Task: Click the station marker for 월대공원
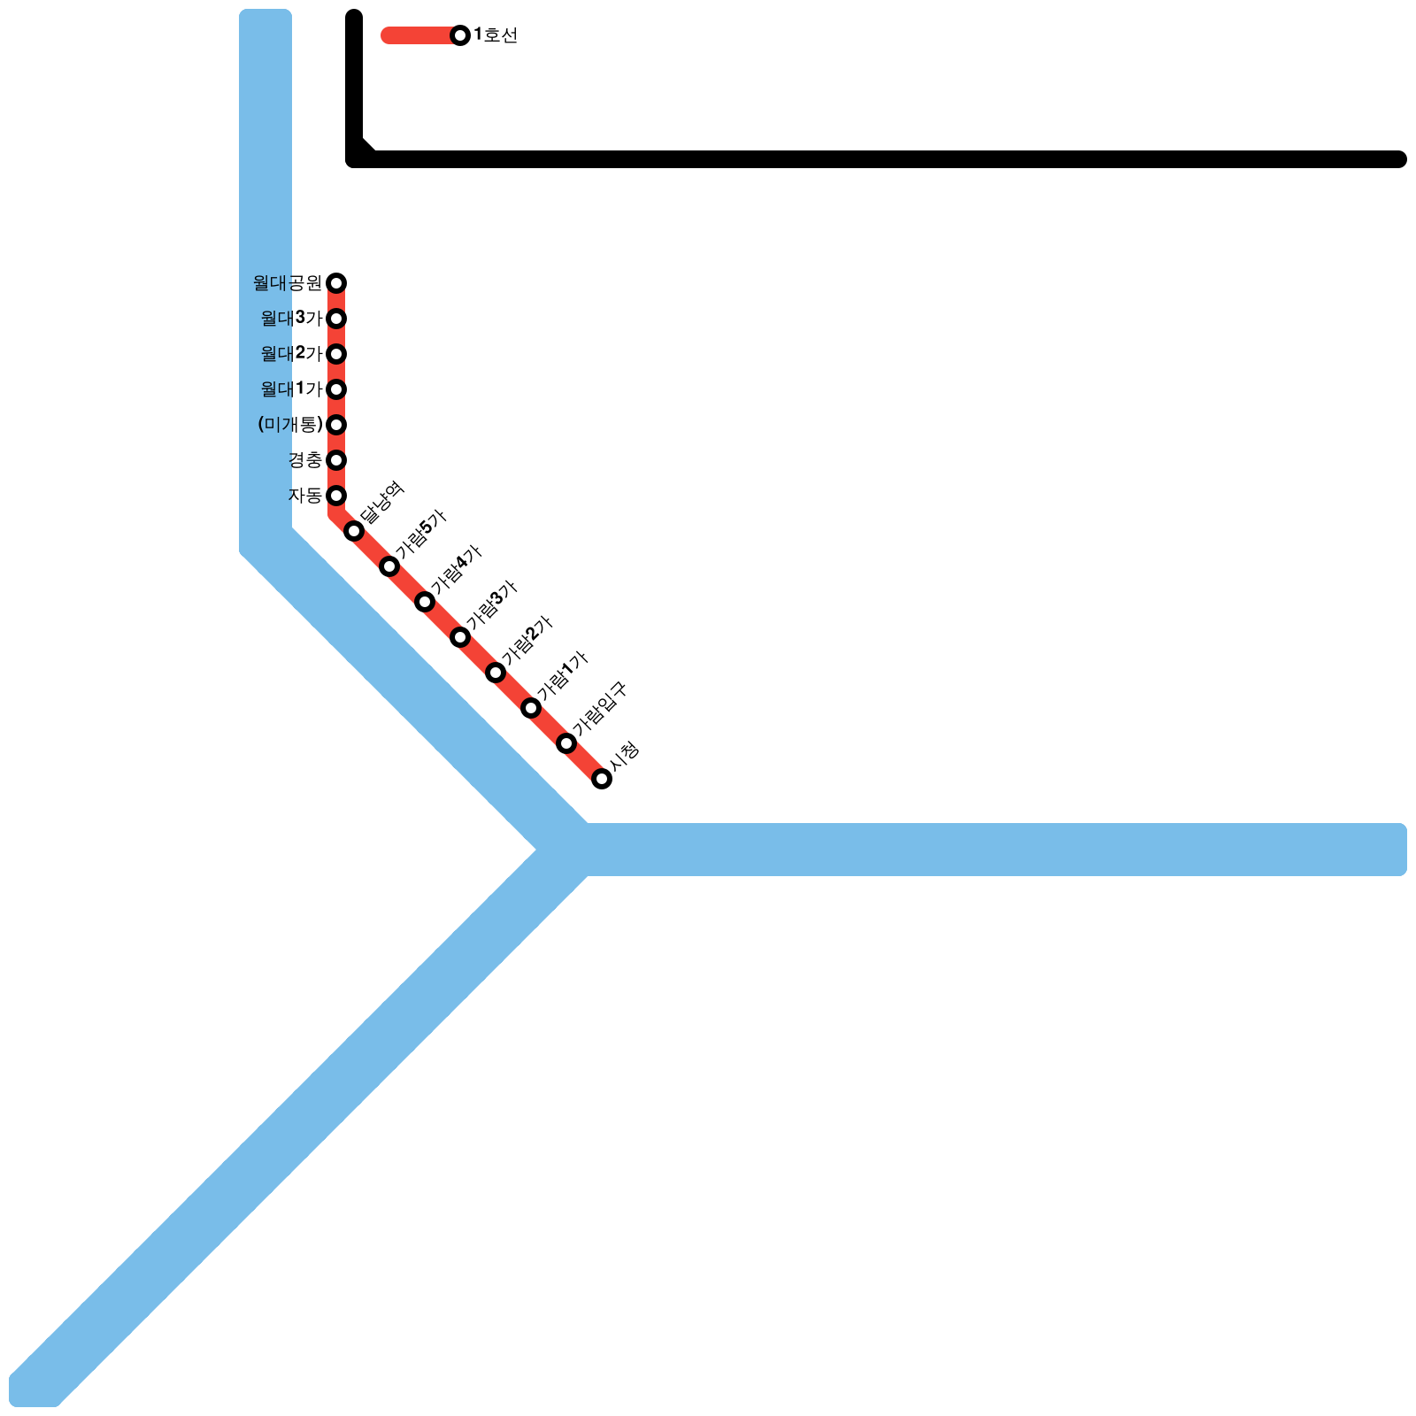[x=336, y=283]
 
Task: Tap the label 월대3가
[x=291, y=319]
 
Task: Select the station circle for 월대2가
[x=336, y=354]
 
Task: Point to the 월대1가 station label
[x=291, y=389]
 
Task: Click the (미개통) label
[x=290, y=425]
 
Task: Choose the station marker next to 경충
[x=336, y=460]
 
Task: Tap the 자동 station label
[x=305, y=496]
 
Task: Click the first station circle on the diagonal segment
[x=354, y=531]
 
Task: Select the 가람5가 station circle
[x=389, y=566]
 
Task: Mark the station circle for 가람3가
[x=460, y=637]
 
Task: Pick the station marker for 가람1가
[x=531, y=708]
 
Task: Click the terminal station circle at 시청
[x=602, y=779]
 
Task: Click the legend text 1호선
[x=496, y=35]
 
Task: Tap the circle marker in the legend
[x=460, y=35]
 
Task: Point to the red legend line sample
[x=416, y=35]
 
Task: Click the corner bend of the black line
[x=357, y=157]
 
